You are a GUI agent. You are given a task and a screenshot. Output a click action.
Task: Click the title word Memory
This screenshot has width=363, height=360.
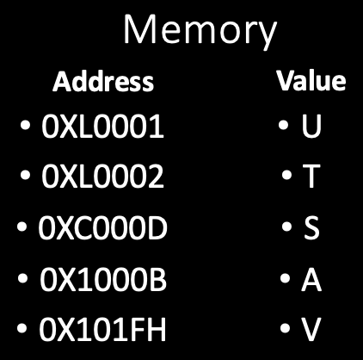tap(200, 31)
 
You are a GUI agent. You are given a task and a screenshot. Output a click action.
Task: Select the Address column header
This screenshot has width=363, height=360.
tap(103, 82)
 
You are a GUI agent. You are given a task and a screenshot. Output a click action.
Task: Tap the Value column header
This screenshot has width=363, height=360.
tap(311, 81)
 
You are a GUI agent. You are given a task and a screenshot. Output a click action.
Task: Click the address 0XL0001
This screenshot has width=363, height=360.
tap(102, 127)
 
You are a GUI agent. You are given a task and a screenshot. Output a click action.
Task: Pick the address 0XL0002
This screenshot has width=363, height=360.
tap(102, 177)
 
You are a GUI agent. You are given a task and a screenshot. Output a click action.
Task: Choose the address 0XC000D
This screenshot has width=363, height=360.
tap(102, 227)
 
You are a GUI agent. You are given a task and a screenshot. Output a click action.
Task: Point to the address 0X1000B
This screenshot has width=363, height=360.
tap(103, 279)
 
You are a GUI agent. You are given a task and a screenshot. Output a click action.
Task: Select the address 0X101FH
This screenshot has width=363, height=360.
tap(102, 329)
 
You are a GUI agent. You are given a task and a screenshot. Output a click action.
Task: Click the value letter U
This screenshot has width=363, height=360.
tap(311, 127)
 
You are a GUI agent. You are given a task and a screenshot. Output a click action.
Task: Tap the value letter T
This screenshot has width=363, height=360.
tap(311, 177)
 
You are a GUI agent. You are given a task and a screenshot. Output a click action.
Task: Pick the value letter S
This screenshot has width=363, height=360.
tap(311, 227)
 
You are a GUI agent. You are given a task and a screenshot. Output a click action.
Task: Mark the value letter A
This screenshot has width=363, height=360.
tap(311, 279)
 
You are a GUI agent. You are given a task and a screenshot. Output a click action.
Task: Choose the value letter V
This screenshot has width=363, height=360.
tap(311, 329)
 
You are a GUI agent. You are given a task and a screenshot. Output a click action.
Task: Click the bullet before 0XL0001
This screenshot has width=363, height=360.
tap(25, 125)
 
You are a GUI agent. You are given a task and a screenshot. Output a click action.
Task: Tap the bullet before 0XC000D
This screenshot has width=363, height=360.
tap(22, 227)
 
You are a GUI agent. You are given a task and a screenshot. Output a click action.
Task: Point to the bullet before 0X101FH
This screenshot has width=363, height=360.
tap(22, 328)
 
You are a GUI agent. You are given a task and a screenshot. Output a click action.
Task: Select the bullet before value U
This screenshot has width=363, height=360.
tap(283, 125)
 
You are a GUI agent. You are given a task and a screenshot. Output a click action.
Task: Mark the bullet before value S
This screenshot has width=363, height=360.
tap(286, 227)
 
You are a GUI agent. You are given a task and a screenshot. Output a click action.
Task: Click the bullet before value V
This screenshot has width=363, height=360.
tap(285, 328)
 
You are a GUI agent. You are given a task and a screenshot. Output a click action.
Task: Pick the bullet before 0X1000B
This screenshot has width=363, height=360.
tap(22, 278)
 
